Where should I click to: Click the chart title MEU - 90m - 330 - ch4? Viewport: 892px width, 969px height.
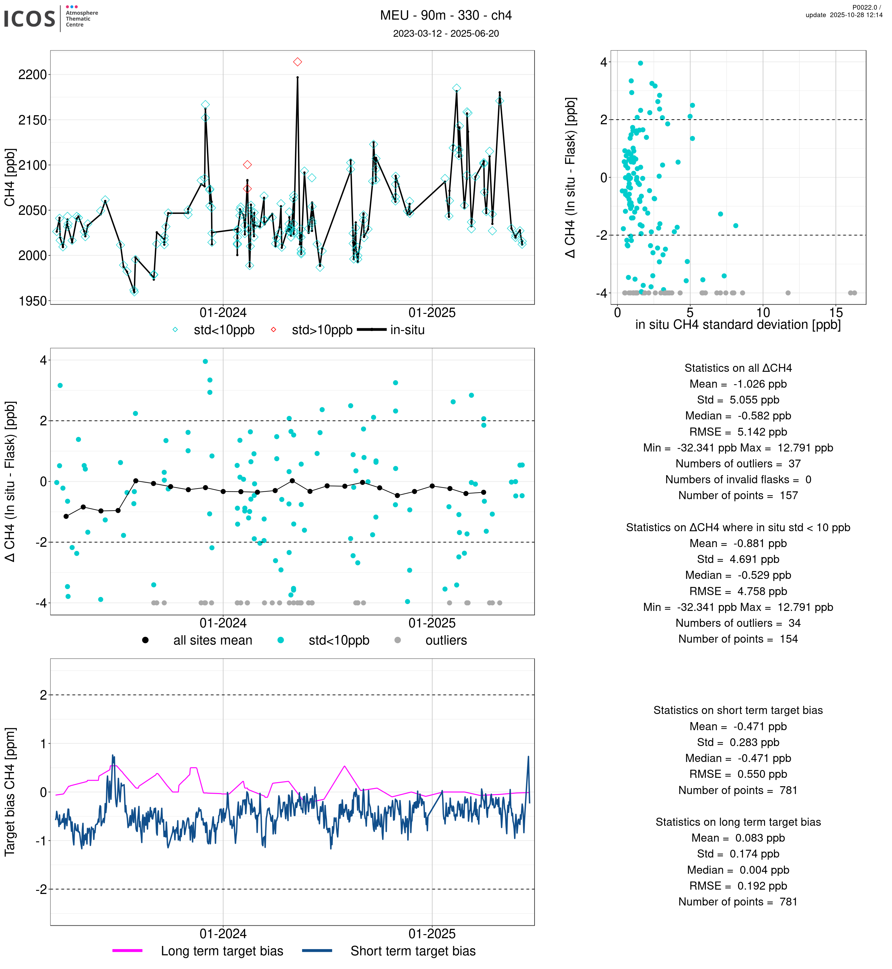(x=446, y=16)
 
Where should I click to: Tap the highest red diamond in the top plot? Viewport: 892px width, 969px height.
(x=297, y=62)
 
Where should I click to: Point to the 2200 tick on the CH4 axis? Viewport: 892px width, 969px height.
(x=32, y=75)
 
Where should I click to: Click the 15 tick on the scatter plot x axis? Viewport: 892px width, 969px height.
(x=836, y=312)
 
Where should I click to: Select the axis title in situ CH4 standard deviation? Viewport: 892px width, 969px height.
(x=738, y=325)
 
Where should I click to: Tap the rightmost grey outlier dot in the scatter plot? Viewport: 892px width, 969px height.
(x=854, y=293)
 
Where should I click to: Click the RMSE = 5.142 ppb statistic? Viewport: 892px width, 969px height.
(x=738, y=432)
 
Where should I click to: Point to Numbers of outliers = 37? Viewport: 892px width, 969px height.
(x=738, y=464)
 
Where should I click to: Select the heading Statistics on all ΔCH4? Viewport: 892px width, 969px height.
(x=738, y=368)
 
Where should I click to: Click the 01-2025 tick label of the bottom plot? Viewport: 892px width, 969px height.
(x=432, y=934)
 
